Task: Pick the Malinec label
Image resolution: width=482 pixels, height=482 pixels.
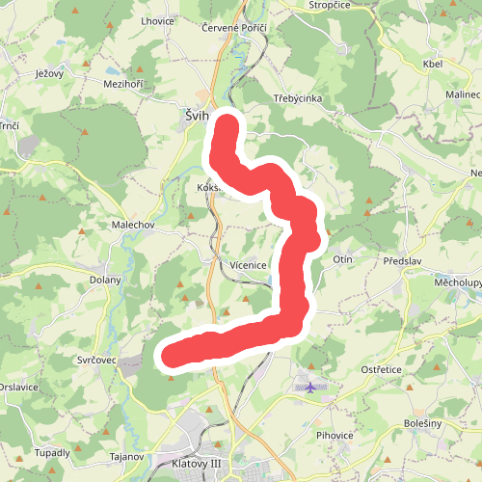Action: [x=463, y=94]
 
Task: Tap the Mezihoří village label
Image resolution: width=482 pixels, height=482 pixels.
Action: [x=122, y=84]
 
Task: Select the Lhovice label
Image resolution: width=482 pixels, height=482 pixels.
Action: [x=156, y=20]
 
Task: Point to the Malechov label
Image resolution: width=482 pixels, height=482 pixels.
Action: [x=132, y=225]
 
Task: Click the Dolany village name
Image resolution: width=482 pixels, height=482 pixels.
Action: [x=105, y=280]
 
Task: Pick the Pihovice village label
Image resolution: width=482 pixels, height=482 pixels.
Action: [x=335, y=436]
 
